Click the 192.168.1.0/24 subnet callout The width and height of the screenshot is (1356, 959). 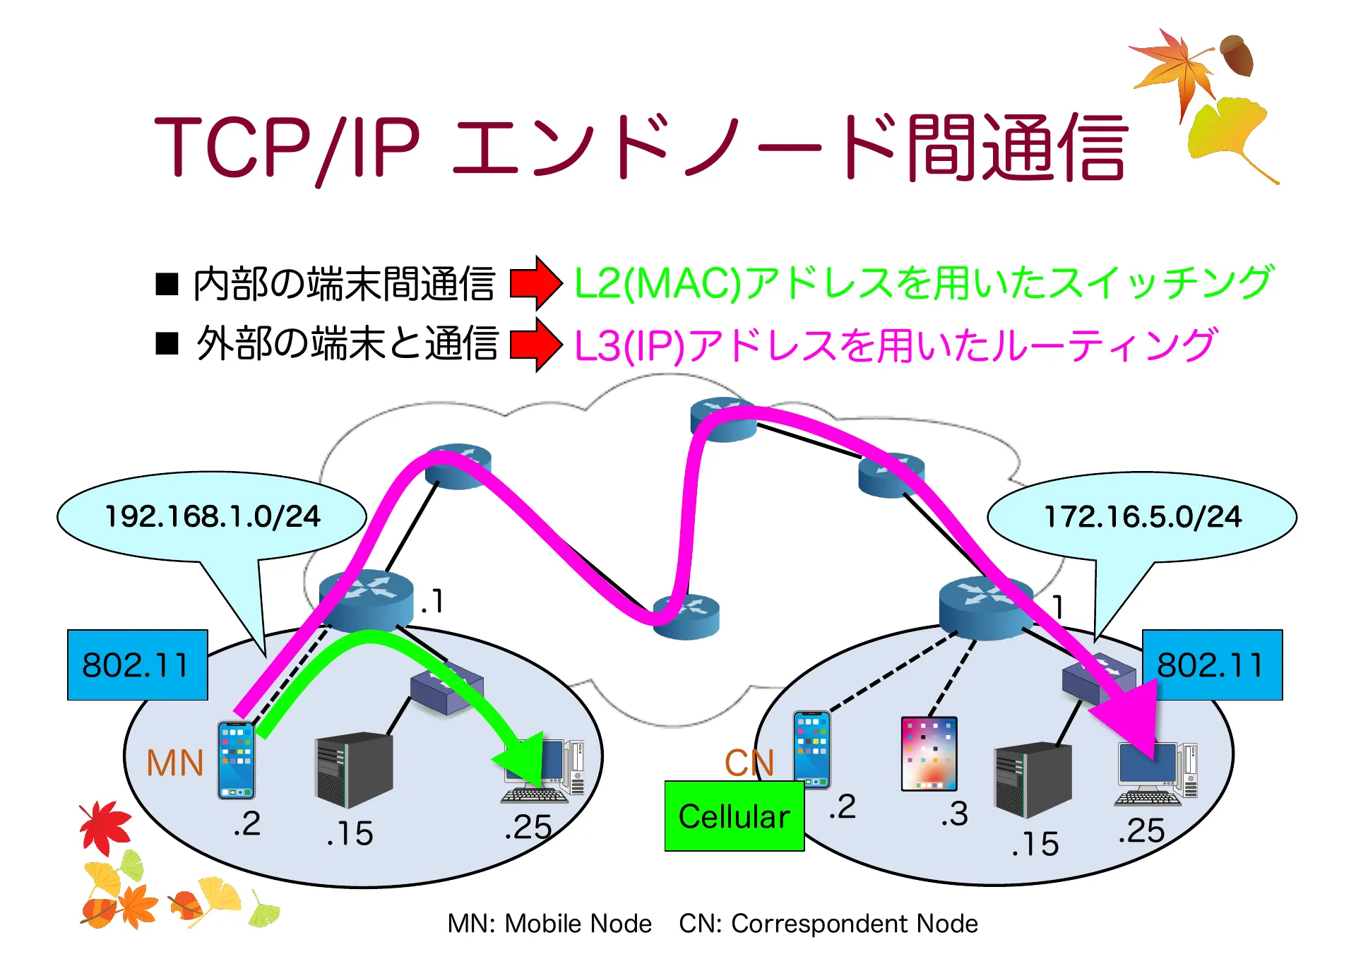[x=212, y=517]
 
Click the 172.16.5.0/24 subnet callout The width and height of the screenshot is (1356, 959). [x=1142, y=517]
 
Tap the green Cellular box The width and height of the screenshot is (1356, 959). [x=734, y=816]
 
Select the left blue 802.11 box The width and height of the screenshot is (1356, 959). [x=137, y=665]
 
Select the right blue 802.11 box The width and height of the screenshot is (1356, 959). [x=1212, y=665]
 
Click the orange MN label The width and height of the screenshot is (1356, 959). [x=174, y=763]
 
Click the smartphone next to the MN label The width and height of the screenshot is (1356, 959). [x=236, y=760]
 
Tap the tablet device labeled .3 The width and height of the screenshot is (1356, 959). [x=929, y=753]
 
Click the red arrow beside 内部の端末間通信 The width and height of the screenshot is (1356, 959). [x=535, y=283]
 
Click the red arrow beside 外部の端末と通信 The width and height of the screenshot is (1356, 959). [x=535, y=345]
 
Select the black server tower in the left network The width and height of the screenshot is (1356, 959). [x=353, y=770]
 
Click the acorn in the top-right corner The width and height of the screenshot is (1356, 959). [x=1237, y=55]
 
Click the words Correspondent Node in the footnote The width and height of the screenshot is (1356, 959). [x=855, y=924]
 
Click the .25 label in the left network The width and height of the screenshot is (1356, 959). [x=528, y=827]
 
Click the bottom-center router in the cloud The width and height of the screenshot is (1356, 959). [x=686, y=616]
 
